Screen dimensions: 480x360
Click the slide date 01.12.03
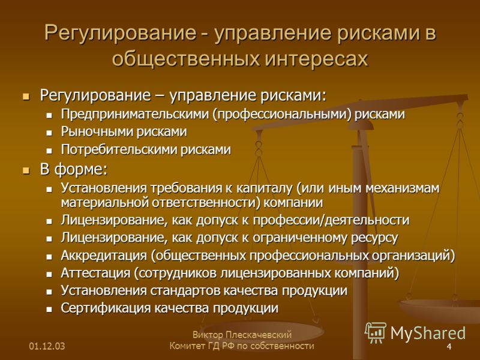pyautogui.click(x=47, y=346)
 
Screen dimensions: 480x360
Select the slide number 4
pyautogui.click(x=449, y=347)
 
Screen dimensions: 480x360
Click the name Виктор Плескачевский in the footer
pyautogui.click(x=242, y=335)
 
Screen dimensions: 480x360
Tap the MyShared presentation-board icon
pyautogui.click(x=376, y=332)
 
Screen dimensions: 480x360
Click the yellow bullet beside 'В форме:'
pyautogui.click(x=26, y=170)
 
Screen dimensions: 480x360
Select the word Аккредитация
pyautogui.click(x=104, y=256)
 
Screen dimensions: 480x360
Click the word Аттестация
pyautogui.click(x=95, y=273)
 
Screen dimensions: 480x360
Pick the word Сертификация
pyautogui.click(x=106, y=308)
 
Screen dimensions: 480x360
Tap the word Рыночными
pyautogui.click(x=97, y=131)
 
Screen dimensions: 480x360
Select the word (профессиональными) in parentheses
pyautogui.click(x=280, y=114)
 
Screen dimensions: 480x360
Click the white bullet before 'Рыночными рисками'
pyautogui.click(x=49, y=133)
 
